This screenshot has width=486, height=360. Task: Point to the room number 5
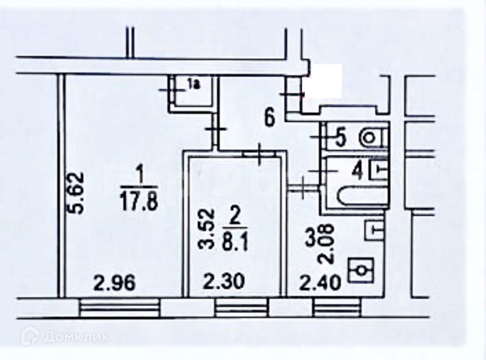340,138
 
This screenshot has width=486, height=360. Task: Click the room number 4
356,171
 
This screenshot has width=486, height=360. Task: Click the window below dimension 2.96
120,308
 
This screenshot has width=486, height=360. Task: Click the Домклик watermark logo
65,336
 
